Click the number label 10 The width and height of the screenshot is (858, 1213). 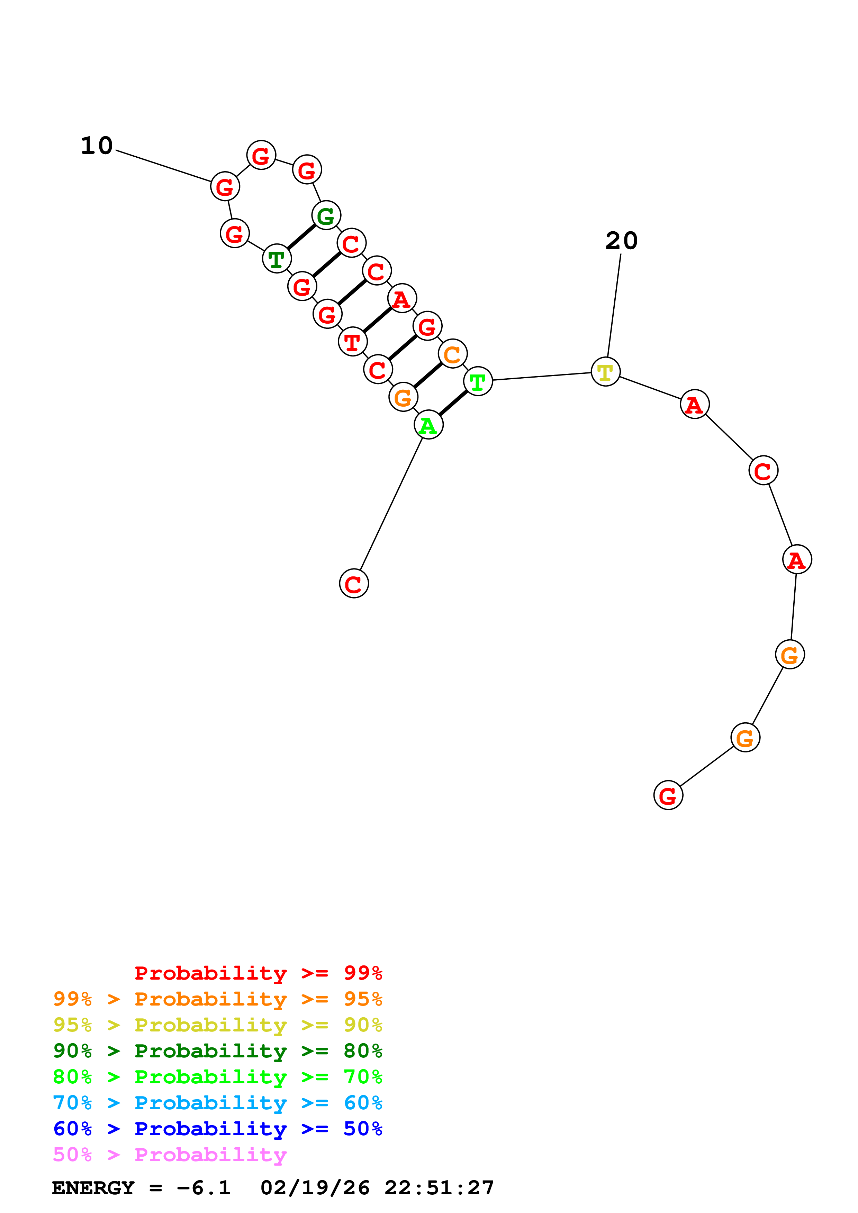click(x=97, y=146)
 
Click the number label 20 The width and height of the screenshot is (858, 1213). click(x=621, y=241)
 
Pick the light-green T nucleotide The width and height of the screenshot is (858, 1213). click(x=478, y=381)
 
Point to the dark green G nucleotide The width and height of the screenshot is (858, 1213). click(x=326, y=215)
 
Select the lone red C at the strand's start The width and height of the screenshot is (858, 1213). click(x=354, y=583)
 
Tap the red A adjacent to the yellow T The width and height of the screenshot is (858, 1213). click(x=695, y=404)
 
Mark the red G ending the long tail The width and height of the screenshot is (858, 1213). click(x=668, y=795)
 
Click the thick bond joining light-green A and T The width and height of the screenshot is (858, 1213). click(x=453, y=403)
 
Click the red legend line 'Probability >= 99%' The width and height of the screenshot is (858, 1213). click(x=258, y=973)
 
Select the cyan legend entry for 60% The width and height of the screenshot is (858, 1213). click(x=217, y=1103)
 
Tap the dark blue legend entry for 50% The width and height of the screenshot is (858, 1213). click(x=217, y=1129)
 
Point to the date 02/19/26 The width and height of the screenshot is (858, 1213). click(x=315, y=1188)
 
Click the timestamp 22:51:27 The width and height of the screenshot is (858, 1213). click(x=439, y=1188)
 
